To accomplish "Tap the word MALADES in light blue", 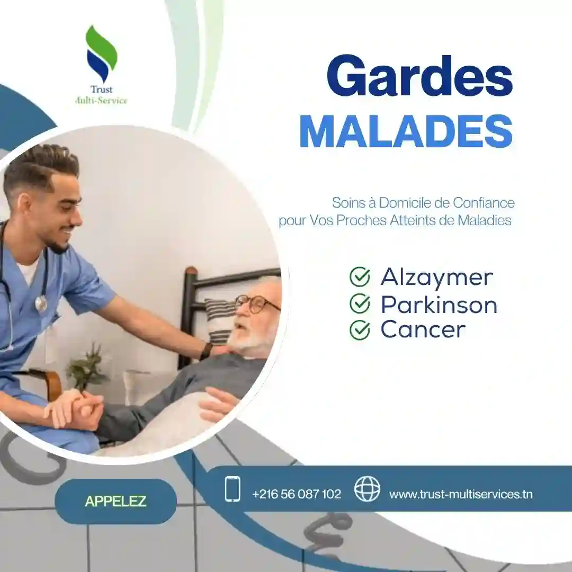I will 406,131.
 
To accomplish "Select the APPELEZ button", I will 115,501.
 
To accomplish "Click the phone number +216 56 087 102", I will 297,494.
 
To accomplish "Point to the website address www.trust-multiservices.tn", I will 461,494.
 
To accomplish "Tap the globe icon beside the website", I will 367,489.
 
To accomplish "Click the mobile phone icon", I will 233,489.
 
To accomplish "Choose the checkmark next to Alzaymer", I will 360,277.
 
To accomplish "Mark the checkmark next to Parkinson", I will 360,304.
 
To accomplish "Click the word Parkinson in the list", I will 439,305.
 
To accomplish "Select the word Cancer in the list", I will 423,329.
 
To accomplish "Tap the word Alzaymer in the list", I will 436,277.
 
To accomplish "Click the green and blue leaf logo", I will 101,53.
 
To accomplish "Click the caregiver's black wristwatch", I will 206,351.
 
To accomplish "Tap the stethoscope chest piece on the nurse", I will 41,303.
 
